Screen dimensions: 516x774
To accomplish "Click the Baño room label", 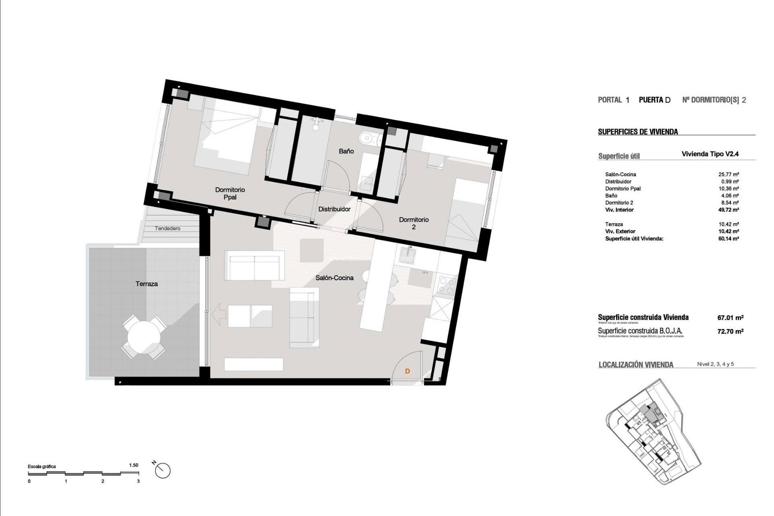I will tap(346, 151).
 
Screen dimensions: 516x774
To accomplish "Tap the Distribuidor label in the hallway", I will tap(334, 209).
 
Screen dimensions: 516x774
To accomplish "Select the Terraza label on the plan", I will tap(146, 284).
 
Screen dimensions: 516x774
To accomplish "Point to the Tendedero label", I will tap(168, 229).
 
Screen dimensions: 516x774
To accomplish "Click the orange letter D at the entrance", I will tap(407, 371).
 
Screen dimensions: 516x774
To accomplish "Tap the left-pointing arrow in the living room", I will tap(219, 315).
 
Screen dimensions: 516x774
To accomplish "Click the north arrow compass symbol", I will tap(162, 470).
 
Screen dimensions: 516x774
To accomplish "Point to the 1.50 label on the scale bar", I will tap(133, 465).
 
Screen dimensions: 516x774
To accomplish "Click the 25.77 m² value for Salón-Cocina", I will tap(728, 175).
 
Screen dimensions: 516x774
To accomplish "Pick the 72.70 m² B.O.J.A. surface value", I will tap(730, 331).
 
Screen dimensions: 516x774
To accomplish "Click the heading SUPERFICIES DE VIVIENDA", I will tap(638, 132).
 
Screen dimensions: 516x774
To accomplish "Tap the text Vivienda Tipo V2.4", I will tap(710, 154).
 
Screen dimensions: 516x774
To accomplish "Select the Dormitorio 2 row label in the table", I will tap(619, 203).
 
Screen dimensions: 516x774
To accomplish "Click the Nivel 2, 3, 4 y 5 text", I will tap(715, 364).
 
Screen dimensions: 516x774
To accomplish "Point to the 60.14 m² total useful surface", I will tap(728, 239).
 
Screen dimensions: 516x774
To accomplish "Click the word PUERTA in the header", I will tap(651, 100).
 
